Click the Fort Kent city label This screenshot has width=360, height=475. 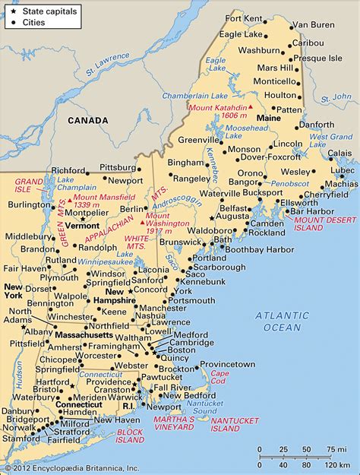pyautogui.click(x=243, y=17)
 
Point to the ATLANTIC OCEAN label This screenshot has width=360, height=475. pyautogui.click(x=283, y=321)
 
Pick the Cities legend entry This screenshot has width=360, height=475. pyautogui.click(x=30, y=23)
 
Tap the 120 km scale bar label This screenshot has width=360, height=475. pyautogui.click(x=330, y=464)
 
